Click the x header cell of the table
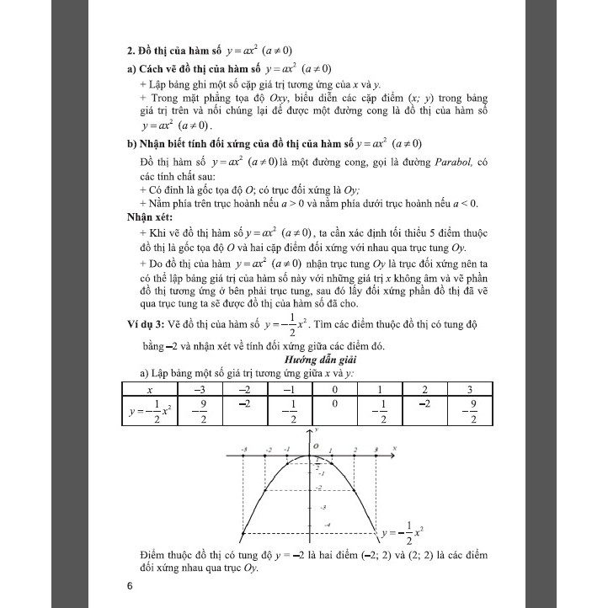coord(150,390)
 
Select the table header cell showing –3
coord(200,390)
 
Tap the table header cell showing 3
coord(472,390)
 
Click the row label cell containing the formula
coord(149,413)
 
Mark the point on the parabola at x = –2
coord(266,488)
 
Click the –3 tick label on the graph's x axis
coord(243,451)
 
